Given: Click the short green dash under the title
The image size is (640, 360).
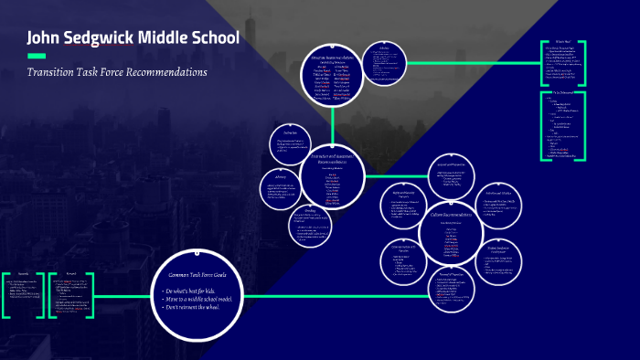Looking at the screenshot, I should [x=36, y=57].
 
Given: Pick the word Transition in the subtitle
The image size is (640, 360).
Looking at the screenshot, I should [x=50, y=72].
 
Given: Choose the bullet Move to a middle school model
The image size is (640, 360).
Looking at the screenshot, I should [x=200, y=300].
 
